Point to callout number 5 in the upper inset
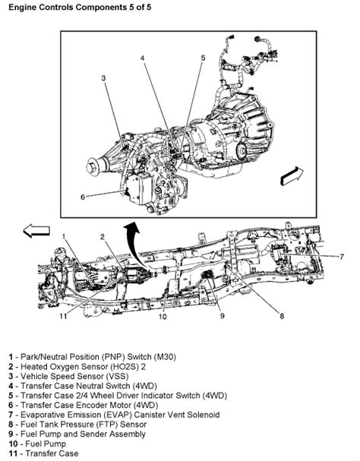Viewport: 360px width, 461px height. pyautogui.click(x=203, y=56)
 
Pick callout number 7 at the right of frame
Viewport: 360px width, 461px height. pyautogui.click(x=342, y=257)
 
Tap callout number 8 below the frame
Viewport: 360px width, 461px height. pyautogui.click(x=281, y=315)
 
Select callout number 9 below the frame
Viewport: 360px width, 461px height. pyautogui.click(x=223, y=315)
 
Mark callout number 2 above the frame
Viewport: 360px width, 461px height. pyautogui.click(x=102, y=236)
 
